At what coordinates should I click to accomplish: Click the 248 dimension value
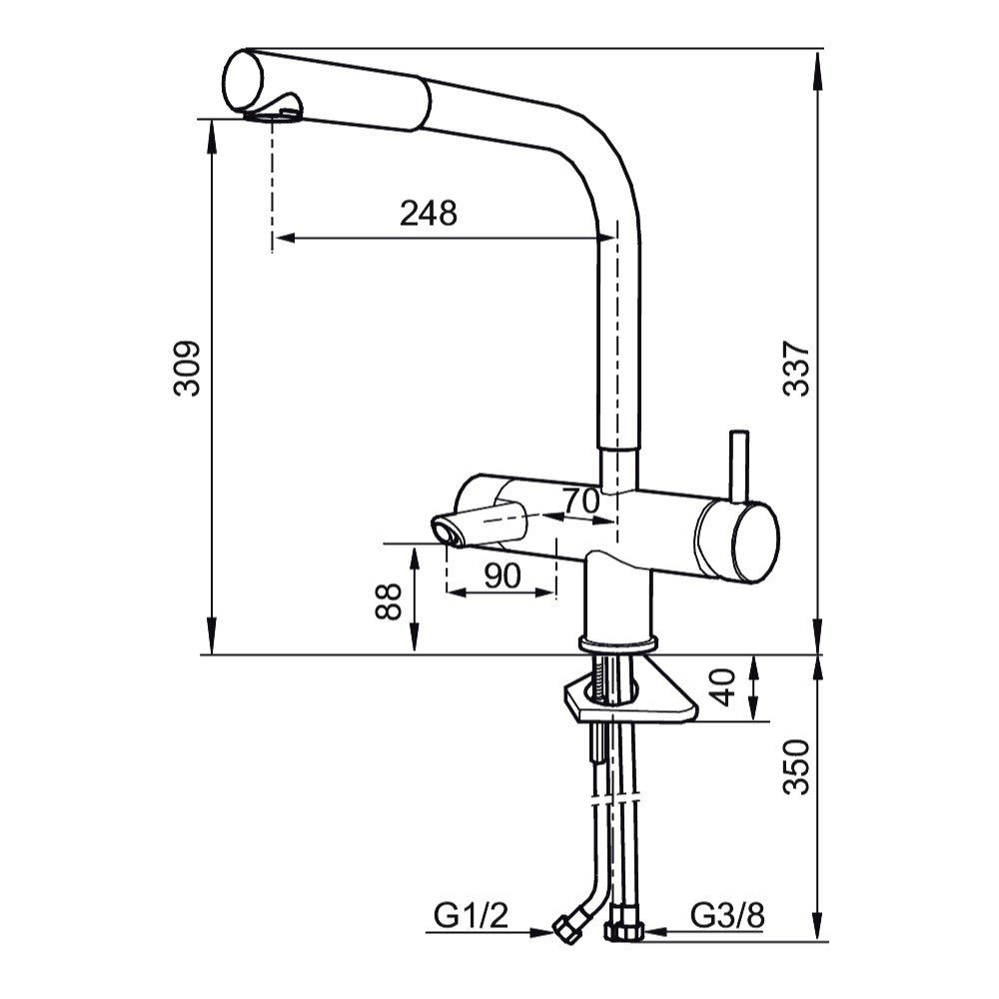pos(429,213)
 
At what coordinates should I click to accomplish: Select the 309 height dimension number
pos(188,369)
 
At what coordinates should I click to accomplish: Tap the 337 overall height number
pos(796,369)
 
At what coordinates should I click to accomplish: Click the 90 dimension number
pos(502,576)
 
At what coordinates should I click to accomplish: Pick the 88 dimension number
pos(388,600)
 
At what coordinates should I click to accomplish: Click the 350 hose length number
pos(796,767)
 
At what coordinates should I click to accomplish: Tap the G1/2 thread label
pos(471,916)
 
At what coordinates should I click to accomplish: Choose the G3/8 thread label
pos(727,916)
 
